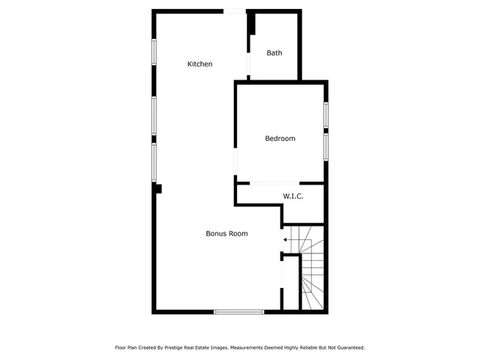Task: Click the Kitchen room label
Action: click(199, 64)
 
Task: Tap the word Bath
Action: click(275, 53)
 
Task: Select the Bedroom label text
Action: click(280, 139)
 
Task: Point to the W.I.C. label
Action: click(292, 196)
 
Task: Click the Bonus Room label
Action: click(226, 234)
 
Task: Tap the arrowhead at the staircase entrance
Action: click(285, 240)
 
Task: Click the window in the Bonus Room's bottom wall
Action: click(238, 311)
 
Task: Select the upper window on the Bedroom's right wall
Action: click(326, 116)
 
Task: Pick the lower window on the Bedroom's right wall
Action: click(326, 145)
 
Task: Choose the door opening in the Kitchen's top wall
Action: click(235, 10)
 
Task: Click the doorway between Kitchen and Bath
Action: click(249, 63)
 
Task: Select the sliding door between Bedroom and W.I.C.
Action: click(274, 183)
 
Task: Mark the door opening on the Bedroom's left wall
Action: click(235, 160)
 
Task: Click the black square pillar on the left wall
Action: click(157, 188)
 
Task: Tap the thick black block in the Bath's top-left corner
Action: click(253, 25)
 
